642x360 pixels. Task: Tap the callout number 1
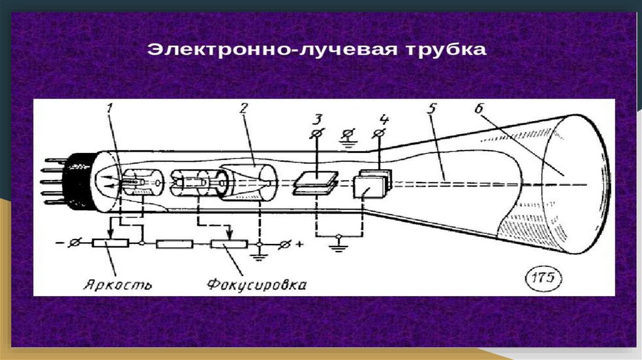tap(109, 109)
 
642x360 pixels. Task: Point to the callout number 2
tap(244, 108)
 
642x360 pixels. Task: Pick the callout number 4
tap(384, 119)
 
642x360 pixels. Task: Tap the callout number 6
tap(480, 109)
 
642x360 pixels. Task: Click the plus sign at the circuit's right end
tap(300, 244)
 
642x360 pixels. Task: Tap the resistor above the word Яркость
tap(110, 243)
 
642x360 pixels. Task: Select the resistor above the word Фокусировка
tap(228, 244)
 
